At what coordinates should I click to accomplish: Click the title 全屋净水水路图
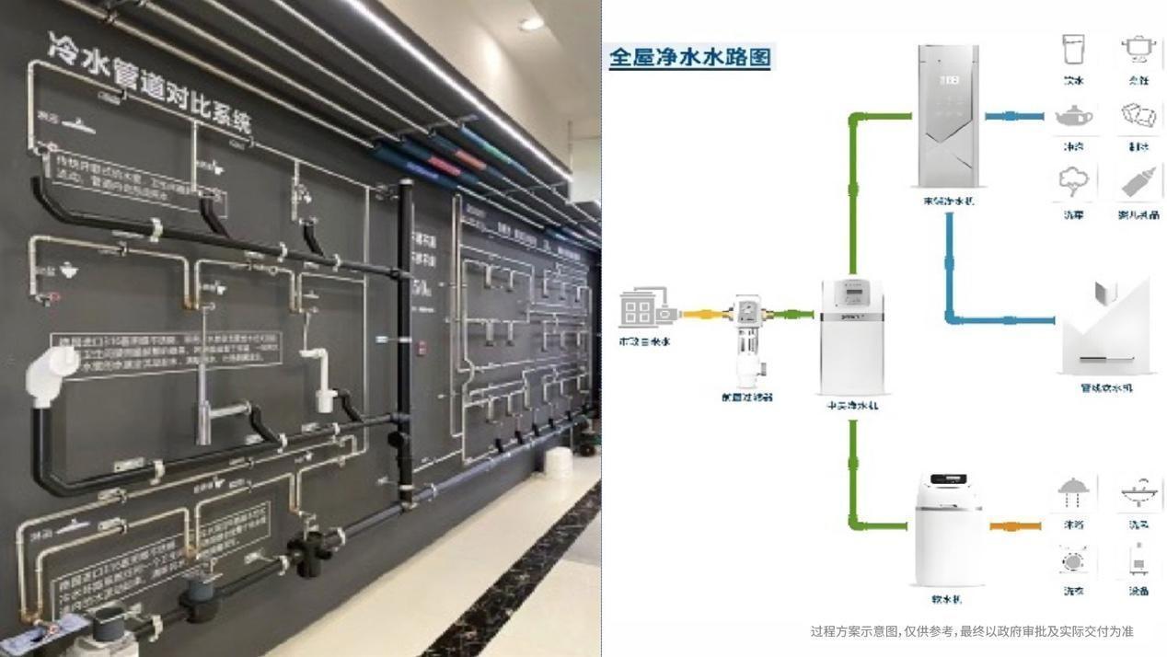coord(689,57)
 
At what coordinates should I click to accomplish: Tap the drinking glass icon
coord(1073,51)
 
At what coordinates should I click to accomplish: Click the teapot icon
coord(1073,117)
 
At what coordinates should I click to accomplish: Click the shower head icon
coord(1073,492)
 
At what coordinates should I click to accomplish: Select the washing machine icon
coord(1073,559)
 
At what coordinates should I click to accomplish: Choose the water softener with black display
coord(948,529)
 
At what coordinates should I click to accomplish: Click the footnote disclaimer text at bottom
coord(971,631)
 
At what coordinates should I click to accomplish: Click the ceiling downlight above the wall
coord(531,25)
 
